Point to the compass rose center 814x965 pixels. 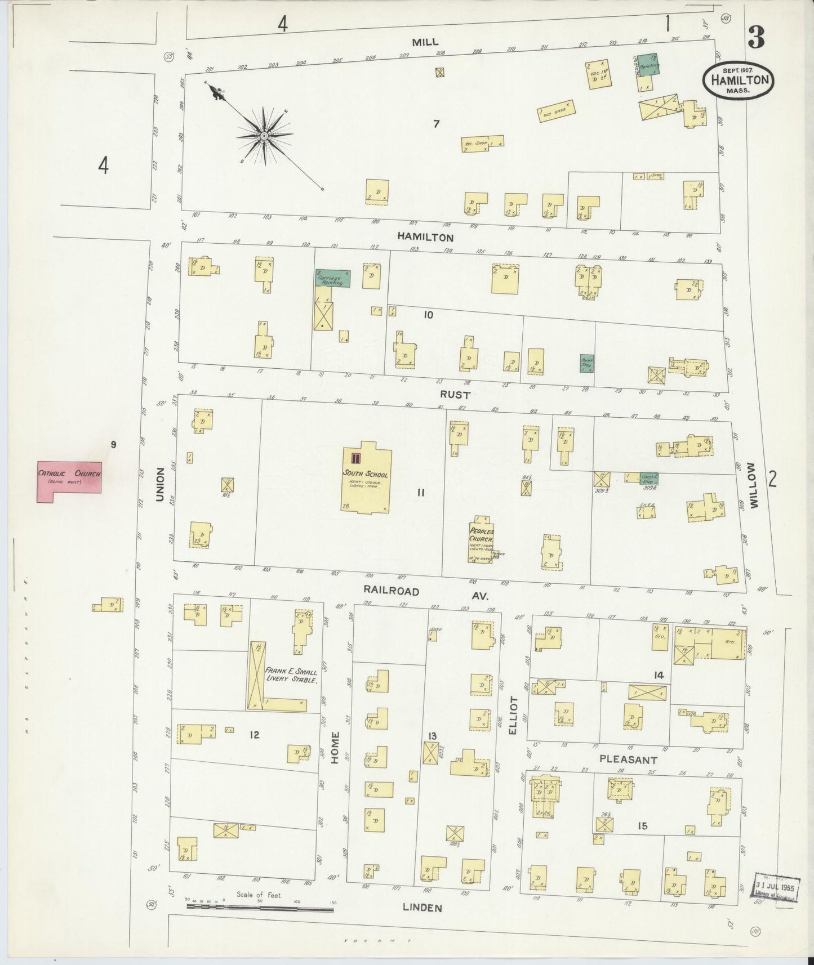click(264, 136)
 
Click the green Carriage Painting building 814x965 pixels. click(332, 278)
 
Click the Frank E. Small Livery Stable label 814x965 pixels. click(291, 676)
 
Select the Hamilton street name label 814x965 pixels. click(425, 238)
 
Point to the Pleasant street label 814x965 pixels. click(628, 760)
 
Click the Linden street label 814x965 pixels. click(422, 908)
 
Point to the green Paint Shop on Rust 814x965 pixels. click(588, 363)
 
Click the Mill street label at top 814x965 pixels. click(425, 42)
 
